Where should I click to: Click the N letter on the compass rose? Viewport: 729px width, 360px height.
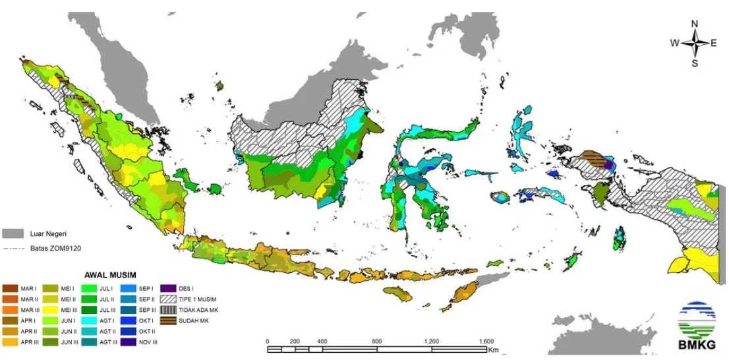pos(694,24)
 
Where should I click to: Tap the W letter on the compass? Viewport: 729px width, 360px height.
pos(674,44)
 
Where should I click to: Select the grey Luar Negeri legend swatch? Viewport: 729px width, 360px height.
pos(13,233)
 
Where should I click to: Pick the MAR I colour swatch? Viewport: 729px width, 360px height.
pos(11,288)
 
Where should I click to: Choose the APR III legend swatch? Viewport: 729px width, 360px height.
pos(11,342)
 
